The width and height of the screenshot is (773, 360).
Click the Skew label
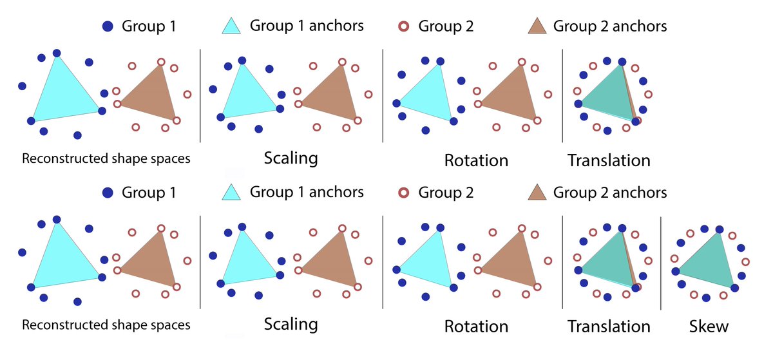pyautogui.click(x=708, y=326)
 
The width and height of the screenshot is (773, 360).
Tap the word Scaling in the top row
pyautogui.click(x=291, y=158)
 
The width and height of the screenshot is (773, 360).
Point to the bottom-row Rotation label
pyautogui.click(x=476, y=326)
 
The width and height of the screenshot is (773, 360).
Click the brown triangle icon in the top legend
pyautogui.click(x=537, y=26)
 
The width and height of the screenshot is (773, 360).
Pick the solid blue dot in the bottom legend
pyautogui.click(x=108, y=192)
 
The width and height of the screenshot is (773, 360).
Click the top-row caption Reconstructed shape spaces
pyautogui.click(x=106, y=158)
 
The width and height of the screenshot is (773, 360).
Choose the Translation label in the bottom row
pyautogui.click(x=608, y=326)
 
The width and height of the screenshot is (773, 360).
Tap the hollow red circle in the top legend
pyautogui.click(x=403, y=26)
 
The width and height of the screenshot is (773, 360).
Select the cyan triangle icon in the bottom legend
pyautogui.click(x=232, y=192)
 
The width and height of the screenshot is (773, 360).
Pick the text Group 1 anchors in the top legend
pyautogui.click(x=307, y=26)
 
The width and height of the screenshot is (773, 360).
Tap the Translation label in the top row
pyautogui.click(x=608, y=159)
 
